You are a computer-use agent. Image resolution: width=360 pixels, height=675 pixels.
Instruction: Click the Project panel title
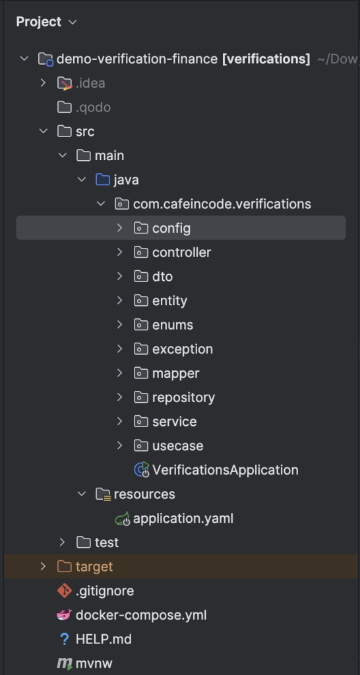(39, 22)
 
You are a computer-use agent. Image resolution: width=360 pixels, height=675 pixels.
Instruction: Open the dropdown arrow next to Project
(73, 22)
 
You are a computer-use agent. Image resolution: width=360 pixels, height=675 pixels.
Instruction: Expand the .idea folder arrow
(43, 82)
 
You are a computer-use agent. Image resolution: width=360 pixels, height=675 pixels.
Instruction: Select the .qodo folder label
(93, 107)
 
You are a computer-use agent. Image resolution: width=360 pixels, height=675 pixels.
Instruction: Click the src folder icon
(64, 131)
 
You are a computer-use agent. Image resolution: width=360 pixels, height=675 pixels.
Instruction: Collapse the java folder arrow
(82, 179)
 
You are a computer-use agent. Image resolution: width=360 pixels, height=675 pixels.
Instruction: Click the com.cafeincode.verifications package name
(222, 204)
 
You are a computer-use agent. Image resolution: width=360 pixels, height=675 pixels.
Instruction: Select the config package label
(171, 228)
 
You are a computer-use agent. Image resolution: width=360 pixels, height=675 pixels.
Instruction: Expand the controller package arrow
(120, 252)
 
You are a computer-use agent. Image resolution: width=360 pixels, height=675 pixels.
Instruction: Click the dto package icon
(141, 276)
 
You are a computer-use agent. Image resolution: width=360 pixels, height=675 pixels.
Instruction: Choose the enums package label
(173, 324)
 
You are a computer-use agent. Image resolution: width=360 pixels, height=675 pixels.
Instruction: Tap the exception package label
(183, 349)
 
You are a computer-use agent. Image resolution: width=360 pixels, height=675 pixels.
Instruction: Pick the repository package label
(183, 397)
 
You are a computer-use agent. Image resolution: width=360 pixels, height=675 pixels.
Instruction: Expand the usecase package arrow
(120, 446)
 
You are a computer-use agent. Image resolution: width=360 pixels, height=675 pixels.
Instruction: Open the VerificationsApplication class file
(225, 469)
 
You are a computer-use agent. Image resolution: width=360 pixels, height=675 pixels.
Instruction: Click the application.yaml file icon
(123, 519)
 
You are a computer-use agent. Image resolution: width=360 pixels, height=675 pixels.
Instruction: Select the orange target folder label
(94, 566)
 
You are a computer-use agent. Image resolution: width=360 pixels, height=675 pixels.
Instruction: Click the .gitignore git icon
(64, 591)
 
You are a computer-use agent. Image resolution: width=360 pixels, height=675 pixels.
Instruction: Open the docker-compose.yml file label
(141, 615)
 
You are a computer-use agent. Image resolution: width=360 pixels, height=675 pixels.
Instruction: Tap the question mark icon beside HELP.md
(65, 639)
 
